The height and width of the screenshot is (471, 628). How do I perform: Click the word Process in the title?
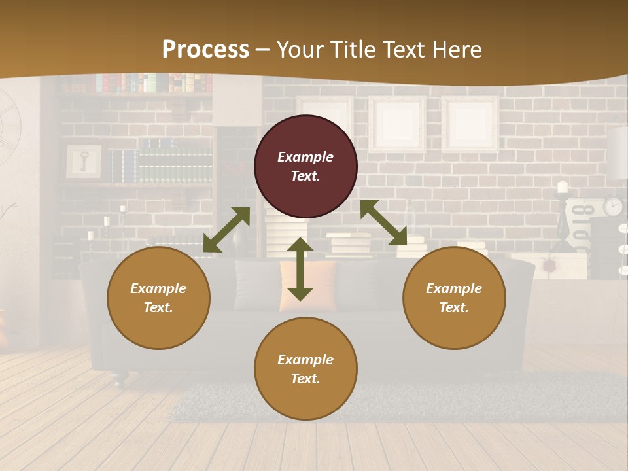205,49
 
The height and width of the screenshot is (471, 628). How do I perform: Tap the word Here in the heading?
457,49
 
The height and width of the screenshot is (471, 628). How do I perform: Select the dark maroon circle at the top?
305,166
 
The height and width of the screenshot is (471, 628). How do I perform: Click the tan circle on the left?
158,298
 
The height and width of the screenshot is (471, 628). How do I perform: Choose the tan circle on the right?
454,298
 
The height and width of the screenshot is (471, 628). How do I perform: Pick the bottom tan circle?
305,368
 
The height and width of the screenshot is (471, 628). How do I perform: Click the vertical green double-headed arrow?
300,269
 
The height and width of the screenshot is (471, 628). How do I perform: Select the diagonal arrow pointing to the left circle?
226,230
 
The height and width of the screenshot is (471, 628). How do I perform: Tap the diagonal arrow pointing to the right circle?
383,222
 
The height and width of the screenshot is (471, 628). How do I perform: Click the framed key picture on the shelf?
84,161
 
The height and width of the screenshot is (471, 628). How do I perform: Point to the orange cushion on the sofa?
307,285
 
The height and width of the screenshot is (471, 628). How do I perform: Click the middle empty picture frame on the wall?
397,124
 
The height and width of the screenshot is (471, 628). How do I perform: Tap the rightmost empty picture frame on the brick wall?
470,124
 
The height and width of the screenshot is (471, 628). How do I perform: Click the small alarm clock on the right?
613,205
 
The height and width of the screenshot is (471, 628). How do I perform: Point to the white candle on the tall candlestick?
562,187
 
